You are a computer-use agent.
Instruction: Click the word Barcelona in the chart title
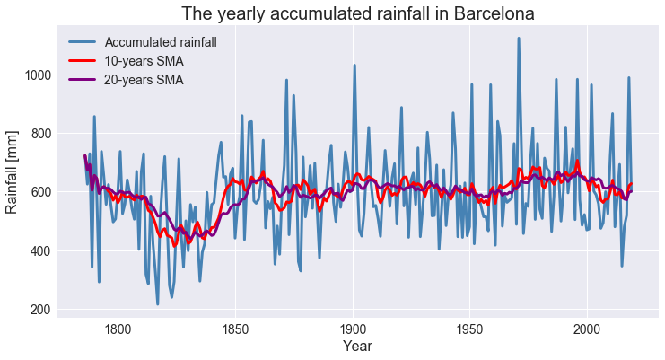pos(488,14)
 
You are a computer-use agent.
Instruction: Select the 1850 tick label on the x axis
pos(235,328)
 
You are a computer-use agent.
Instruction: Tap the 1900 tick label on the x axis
pos(353,328)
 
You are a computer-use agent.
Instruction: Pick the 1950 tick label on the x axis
pos(470,328)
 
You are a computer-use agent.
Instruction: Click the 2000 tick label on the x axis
pos(587,328)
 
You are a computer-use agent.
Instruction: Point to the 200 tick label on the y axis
pos(42,310)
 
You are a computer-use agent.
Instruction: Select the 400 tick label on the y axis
pos(42,251)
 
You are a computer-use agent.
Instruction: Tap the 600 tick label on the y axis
pos(42,192)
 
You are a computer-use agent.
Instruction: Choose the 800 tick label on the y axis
pos(42,134)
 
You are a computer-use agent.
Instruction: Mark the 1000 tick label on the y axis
pos(39,75)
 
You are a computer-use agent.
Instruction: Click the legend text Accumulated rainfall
pos(161,42)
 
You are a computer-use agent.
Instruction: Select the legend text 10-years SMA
pos(144,61)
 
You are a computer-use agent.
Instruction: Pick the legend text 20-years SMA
pos(144,80)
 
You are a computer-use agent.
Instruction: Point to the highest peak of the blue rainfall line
pos(519,38)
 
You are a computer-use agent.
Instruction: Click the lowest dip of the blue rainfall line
pos(158,304)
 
